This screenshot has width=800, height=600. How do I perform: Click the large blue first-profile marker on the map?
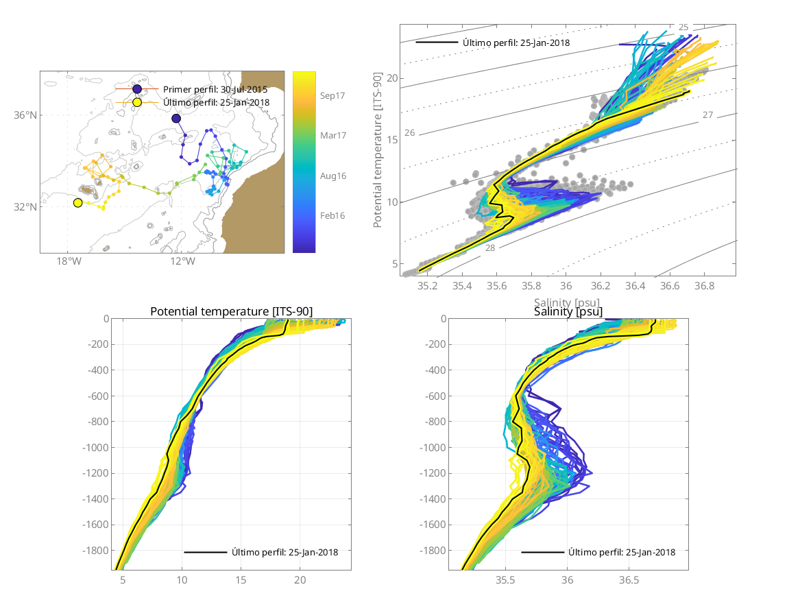176,119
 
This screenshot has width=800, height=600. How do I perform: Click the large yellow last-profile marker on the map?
77,202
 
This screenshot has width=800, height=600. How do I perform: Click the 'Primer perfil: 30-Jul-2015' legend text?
215,89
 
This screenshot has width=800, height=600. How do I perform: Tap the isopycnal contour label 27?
708,115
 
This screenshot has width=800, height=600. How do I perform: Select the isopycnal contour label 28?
489,248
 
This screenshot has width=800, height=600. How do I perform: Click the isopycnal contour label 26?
410,132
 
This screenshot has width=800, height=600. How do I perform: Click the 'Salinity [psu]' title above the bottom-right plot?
568,312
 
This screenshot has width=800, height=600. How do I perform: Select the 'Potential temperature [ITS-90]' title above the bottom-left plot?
231,312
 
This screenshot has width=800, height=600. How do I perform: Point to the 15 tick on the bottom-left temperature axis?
241,580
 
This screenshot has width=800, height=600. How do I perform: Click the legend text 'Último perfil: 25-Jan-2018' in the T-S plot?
516,43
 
